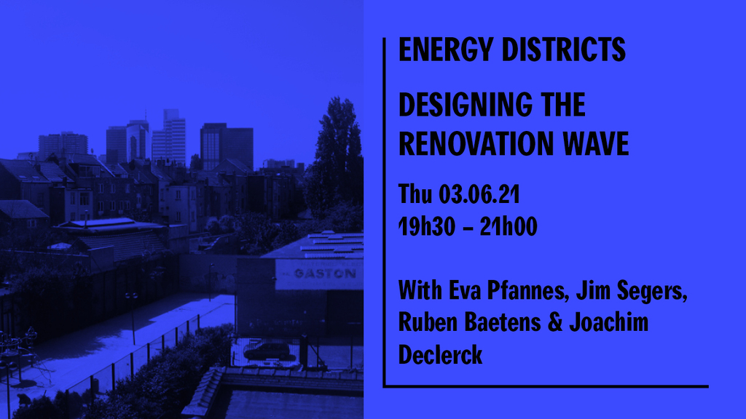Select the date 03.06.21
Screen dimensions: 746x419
pyautogui.click(x=479, y=193)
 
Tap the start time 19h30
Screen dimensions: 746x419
pyautogui.click(x=427, y=226)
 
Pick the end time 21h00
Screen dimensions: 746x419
pyautogui.click(x=508, y=226)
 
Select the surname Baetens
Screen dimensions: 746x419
pyautogui.click(x=503, y=322)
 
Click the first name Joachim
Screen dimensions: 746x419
pyautogui.click(x=609, y=322)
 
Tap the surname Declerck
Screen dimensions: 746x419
pyautogui.click(x=441, y=354)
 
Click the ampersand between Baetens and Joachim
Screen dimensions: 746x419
pyautogui.click(x=554, y=322)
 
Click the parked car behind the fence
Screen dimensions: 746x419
pyautogui.click(x=267, y=351)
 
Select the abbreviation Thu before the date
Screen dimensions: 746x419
pyautogui.click(x=415, y=193)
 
